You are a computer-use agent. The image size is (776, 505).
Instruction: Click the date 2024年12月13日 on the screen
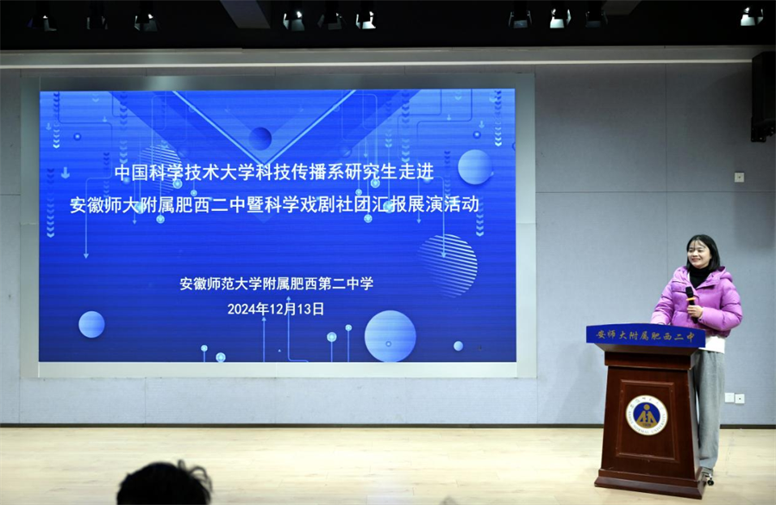point(276,309)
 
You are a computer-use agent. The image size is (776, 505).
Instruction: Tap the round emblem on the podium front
point(647,415)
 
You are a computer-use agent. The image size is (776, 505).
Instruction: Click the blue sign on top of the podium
point(645,336)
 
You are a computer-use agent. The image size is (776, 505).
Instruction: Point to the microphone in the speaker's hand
point(691,298)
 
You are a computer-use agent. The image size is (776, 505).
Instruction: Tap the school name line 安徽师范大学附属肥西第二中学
point(276,284)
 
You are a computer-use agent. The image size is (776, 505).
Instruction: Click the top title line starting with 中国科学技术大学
point(273,172)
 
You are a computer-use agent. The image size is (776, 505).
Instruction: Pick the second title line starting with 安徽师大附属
point(274,204)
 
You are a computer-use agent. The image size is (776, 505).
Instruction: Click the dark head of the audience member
point(165,485)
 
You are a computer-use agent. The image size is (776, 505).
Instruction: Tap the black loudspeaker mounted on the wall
point(763,97)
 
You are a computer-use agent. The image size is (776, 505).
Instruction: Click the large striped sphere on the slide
point(447,265)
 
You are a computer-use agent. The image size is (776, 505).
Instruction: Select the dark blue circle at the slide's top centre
point(260,138)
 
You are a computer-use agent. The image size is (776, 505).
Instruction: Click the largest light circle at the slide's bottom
point(390,336)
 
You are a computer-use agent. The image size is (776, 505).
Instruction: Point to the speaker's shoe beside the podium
point(708,477)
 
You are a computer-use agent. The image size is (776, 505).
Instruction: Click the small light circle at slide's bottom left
point(91,325)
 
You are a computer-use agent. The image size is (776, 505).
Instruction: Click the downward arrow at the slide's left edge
point(66,172)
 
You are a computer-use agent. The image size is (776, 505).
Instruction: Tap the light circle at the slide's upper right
point(474,166)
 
